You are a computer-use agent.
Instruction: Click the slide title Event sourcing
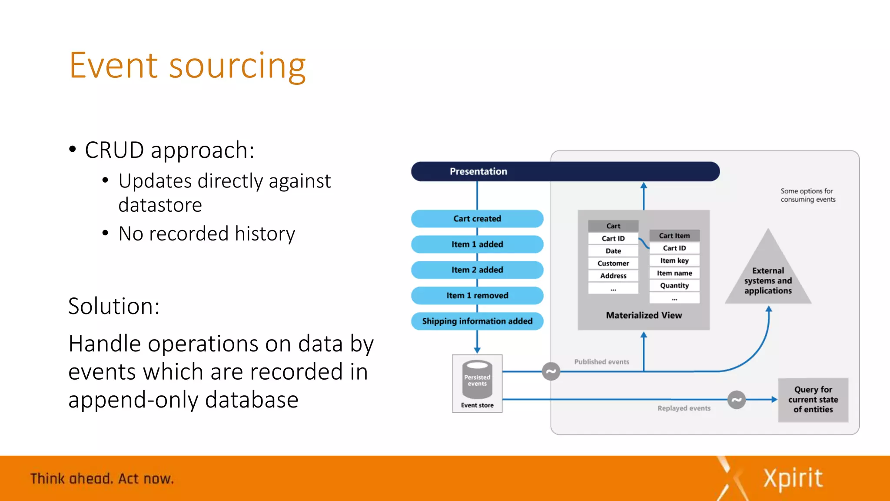[187, 66]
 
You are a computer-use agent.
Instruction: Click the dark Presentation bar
[565, 171]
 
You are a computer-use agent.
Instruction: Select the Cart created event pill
[477, 219]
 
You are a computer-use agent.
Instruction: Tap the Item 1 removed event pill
[477, 296]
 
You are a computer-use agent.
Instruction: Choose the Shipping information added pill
[477, 321]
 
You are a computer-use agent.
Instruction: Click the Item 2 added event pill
[477, 270]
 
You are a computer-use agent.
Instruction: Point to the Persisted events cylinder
[477, 379]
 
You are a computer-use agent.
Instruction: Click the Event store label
[477, 405]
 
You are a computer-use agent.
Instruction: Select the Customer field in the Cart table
[613, 264]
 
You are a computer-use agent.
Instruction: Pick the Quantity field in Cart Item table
[674, 286]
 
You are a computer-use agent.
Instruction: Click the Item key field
[674, 261]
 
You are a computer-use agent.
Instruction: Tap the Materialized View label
[644, 315]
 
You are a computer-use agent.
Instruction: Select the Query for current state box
[813, 400]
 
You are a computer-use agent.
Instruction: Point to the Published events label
[601, 362]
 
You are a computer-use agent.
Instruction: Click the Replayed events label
[684, 408]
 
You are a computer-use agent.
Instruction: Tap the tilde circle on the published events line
[551, 371]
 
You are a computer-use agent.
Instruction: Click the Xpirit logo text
[793, 479]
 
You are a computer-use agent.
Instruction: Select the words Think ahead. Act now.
[102, 479]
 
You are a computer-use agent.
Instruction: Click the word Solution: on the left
[114, 306]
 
